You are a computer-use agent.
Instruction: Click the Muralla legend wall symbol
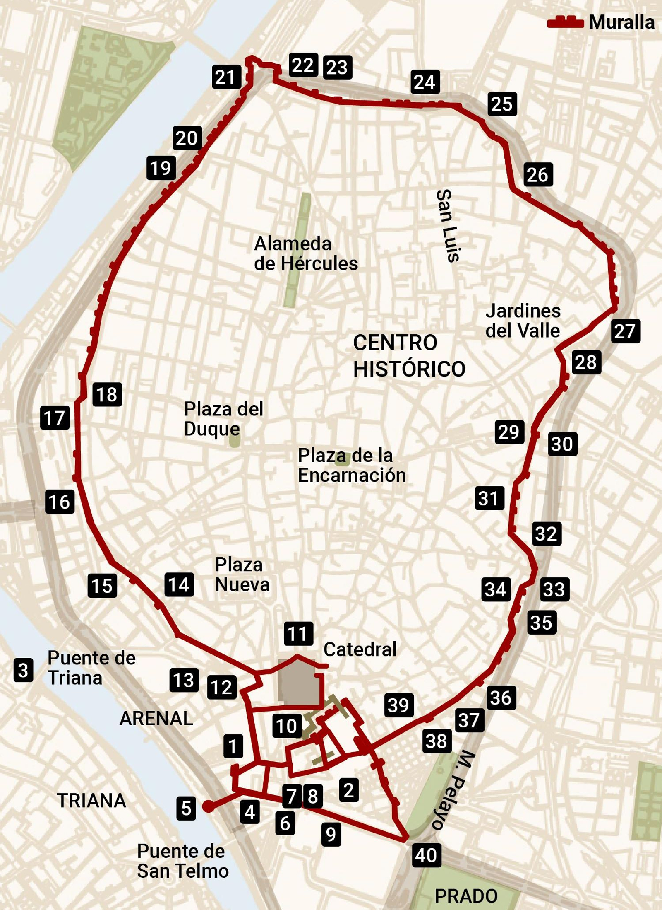coord(565,22)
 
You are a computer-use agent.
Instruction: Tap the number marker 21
coord(226,77)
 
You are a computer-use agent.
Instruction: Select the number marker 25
coord(502,104)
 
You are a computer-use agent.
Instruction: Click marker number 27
coord(625,331)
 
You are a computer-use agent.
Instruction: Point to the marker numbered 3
coord(23,670)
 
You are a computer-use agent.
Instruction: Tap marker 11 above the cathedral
coord(298,634)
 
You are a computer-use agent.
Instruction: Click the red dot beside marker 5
coord(209,806)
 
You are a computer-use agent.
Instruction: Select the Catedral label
coord(360,649)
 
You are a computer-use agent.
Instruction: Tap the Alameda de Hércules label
coord(305,253)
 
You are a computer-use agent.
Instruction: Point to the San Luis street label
coord(449,226)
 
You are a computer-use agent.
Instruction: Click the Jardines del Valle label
coord(523,321)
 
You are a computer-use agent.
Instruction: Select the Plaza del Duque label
coord(223,419)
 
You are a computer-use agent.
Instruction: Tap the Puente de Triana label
coord(91,668)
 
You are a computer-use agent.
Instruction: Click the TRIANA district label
coord(91,801)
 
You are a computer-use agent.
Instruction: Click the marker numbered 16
coord(60,502)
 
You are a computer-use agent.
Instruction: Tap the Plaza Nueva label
coord(242,574)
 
